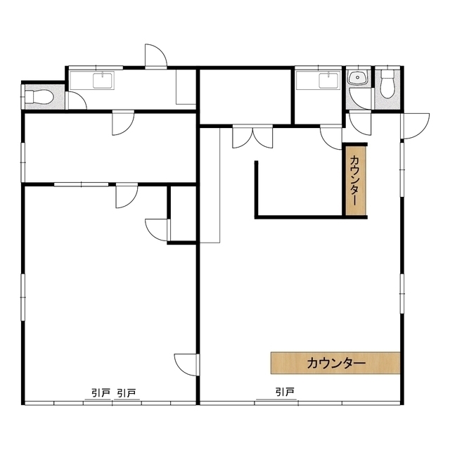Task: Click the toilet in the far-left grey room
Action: pyautogui.click(x=39, y=97)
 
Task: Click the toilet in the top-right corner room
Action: pyautogui.click(x=387, y=84)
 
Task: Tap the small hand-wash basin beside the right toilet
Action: pyautogui.click(x=357, y=77)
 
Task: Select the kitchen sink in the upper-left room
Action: pyautogui.click(x=103, y=80)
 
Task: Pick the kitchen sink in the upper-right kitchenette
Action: pyautogui.click(x=329, y=80)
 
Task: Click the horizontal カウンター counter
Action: pyautogui.click(x=335, y=363)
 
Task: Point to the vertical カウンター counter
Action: pyautogui.click(x=355, y=181)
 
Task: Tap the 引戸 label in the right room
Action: pyautogui.click(x=285, y=392)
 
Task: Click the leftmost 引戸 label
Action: pyautogui.click(x=101, y=393)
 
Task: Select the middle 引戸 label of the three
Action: pyautogui.click(x=127, y=393)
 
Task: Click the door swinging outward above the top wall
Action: pyautogui.click(x=155, y=56)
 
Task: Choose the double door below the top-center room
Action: pyautogui.click(x=252, y=136)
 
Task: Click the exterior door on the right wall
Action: pyautogui.click(x=415, y=126)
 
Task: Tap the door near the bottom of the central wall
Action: pyautogui.click(x=186, y=364)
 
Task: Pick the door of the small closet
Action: pyautogui.click(x=157, y=230)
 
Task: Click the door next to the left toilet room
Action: pyautogui.click(x=76, y=100)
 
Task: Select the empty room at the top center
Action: pyautogui.click(x=246, y=96)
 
